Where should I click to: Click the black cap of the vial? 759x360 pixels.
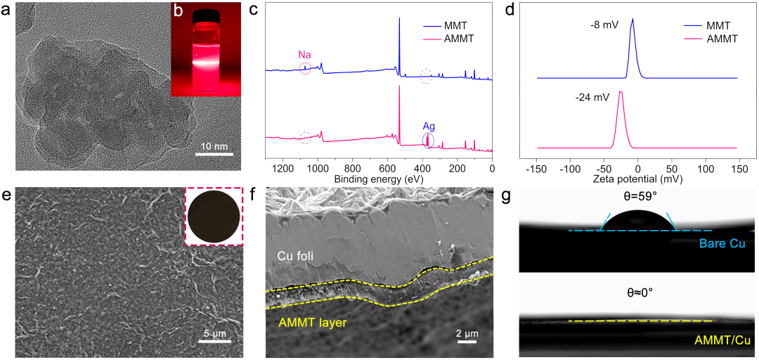click(206, 15)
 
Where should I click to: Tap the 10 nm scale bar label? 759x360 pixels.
click(214, 146)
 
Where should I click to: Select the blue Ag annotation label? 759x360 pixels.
click(429, 126)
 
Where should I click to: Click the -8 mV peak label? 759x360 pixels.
click(604, 25)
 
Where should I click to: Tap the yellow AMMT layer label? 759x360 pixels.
click(308, 325)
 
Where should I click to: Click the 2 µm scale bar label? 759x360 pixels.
click(467, 333)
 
